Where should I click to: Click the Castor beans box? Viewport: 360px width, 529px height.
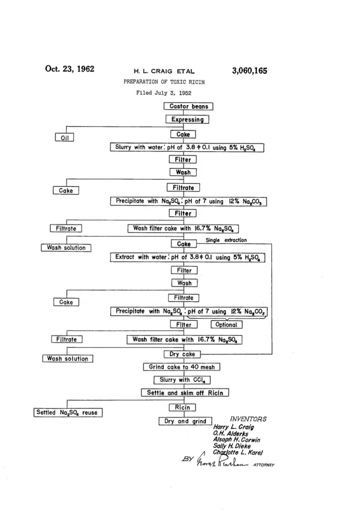(x=188, y=106)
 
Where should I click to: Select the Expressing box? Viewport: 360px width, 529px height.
(x=187, y=119)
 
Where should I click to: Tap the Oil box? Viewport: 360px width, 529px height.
(x=64, y=138)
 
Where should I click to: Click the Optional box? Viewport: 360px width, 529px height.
(x=227, y=325)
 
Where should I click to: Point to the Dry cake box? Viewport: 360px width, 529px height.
(x=182, y=354)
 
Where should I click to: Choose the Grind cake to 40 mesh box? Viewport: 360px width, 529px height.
(x=182, y=367)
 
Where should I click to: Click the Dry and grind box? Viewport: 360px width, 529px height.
(x=185, y=421)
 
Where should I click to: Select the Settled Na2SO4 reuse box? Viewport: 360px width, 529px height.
(x=68, y=413)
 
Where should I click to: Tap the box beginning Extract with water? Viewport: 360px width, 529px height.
(x=188, y=258)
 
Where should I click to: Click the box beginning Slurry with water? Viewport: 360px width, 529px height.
(x=187, y=148)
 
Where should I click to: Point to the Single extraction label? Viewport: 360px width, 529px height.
(x=226, y=240)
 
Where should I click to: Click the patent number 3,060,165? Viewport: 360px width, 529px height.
(x=250, y=71)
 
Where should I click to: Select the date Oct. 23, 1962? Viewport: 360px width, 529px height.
(x=70, y=69)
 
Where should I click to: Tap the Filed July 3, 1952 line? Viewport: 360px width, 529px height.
(x=164, y=93)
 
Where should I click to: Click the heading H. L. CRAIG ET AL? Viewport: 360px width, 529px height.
(x=164, y=71)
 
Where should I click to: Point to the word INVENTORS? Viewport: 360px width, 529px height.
(x=248, y=419)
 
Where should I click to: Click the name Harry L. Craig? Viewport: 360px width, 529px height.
(x=233, y=427)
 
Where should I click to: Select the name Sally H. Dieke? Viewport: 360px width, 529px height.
(x=232, y=446)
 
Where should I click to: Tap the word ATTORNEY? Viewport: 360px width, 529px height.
(x=264, y=465)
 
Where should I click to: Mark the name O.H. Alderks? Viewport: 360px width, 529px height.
(x=230, y=434)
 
